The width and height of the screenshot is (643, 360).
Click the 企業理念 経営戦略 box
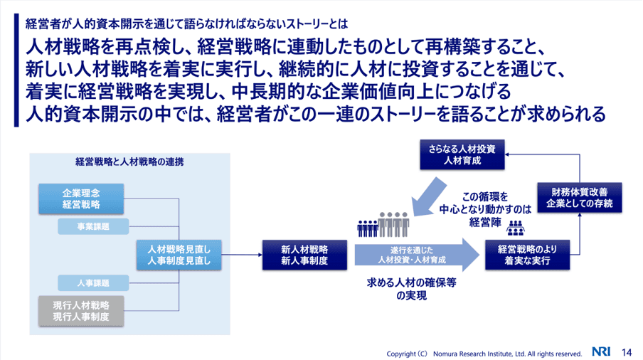tap(81, 198)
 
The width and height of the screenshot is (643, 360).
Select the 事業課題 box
tap(92, 227)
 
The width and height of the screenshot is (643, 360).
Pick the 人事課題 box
tap(92, 283)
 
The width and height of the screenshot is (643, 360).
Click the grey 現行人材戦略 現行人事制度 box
tap(81, 311)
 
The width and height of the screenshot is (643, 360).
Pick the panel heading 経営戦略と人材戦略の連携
tap(129, 162)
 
